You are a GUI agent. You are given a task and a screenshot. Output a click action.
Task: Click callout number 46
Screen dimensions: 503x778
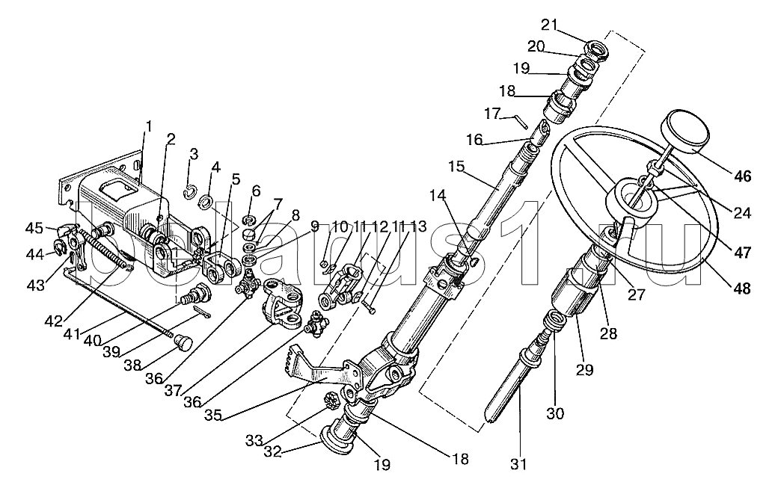[x=742, y=176]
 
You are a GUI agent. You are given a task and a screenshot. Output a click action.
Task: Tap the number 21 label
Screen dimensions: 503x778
[x=550, y=24]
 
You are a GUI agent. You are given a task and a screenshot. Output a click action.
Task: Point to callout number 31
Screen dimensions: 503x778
[x=519, y=464]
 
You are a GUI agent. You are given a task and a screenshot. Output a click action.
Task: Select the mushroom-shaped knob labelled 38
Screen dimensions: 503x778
[x=183, y=342]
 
